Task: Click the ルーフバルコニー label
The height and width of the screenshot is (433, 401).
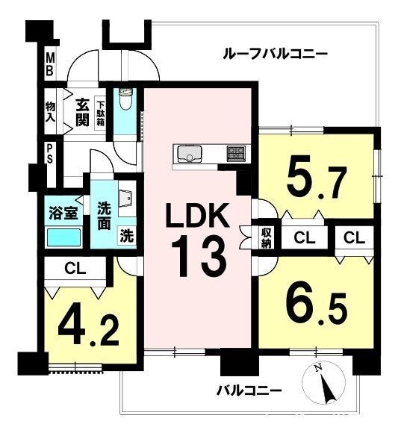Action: coord(275,53)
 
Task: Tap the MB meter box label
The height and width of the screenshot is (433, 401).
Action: coord(50,65)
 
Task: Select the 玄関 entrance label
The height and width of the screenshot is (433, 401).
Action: coord(83,112)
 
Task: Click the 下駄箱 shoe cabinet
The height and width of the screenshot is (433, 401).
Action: coord(101,113)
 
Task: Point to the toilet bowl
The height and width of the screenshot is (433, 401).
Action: coord(126,99)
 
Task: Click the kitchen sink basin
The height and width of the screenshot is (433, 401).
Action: coord(190,154)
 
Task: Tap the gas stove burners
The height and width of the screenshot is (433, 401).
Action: coord(236,153)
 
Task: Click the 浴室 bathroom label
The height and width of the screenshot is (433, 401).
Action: coord(63,213)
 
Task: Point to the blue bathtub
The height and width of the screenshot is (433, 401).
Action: coord(63,237)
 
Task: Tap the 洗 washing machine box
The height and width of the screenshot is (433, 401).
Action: coord(127,236)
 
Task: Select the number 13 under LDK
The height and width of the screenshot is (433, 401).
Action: coord(199,255)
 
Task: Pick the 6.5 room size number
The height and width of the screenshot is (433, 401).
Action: coord(317,304)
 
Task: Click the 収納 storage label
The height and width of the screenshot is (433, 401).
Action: coord(267,237)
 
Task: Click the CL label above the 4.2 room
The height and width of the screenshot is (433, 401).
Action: coord(75,268)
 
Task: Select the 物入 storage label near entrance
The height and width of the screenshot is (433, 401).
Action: coord(51,112)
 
